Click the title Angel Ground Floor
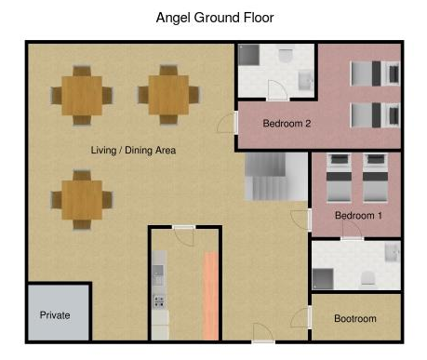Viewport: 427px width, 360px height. (x=215, y=18)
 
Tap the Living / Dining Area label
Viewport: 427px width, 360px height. (x=133, y=151)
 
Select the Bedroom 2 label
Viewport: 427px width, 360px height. (x=287, y=124)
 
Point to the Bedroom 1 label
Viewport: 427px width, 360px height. (x=358, y=215)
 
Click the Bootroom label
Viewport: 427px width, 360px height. (x=355, y=318)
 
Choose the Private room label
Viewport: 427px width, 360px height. (x=55, y=315)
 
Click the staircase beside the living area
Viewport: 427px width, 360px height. (x=276, y=177)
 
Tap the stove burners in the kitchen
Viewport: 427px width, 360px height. (x=159, y=301)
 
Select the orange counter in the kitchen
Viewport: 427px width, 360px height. (x=210, y=296)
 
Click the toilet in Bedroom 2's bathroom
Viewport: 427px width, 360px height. (x=286, y=56)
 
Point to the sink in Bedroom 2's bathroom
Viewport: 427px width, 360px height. (x=305, y=80)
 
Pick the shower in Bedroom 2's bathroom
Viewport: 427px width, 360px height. (x=248, y=55)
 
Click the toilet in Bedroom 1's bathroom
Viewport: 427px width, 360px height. (x=368, y=278)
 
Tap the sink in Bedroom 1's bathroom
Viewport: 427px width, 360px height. (x=393, y=252)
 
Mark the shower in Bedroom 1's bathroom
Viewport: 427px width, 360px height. (x=323, y=279)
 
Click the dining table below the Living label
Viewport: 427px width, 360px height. (x=82, y=200)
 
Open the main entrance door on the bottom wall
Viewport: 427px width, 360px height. (x=263, y=333)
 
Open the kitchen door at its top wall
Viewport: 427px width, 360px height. (x=184, y=234)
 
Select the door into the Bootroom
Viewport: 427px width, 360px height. (x=301, y=317)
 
